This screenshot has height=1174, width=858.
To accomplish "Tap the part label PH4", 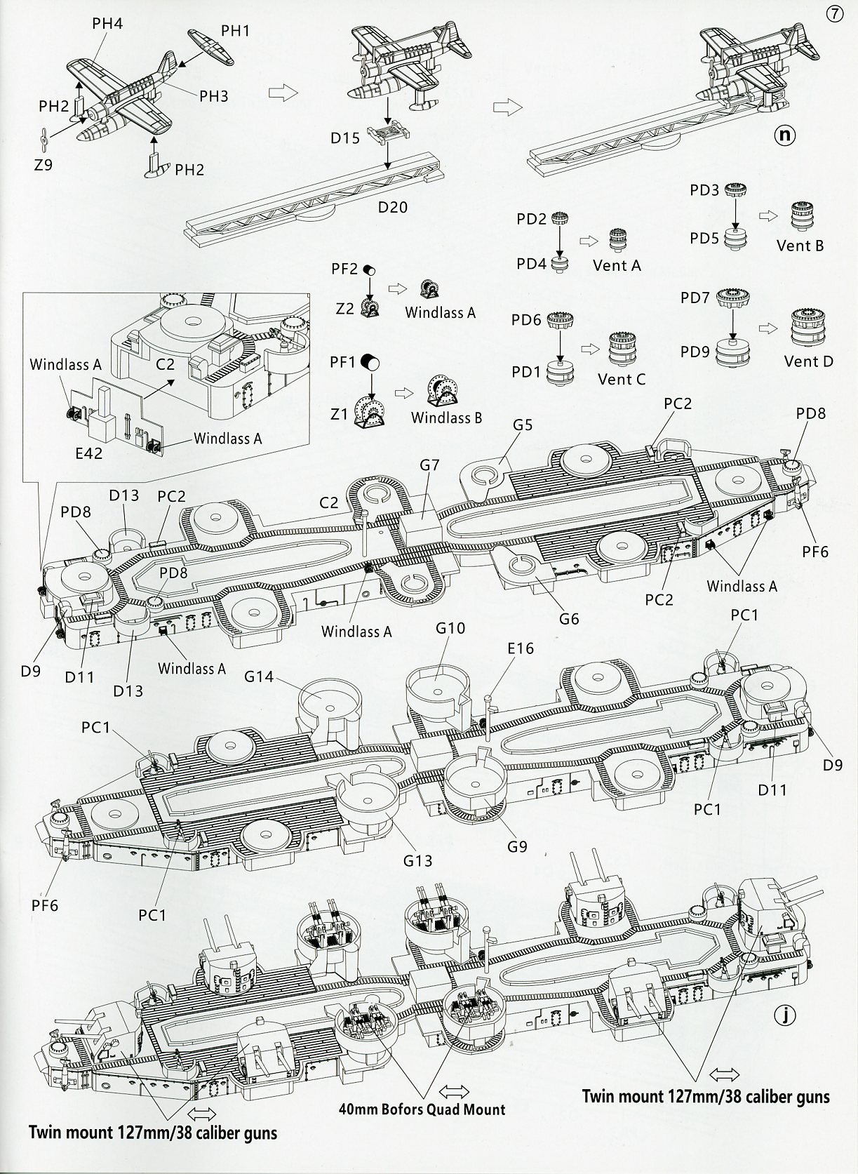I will click(x=107, y=24).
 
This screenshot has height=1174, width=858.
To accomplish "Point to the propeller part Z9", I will click(x=43, y=140).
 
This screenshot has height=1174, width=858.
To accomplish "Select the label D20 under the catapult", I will click(x=393, y=207).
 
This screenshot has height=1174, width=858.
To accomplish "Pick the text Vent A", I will click(x=617, y=265).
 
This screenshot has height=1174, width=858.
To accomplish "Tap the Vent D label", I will click(x=808, y=361).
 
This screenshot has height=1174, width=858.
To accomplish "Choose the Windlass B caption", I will click(x=446, y=418).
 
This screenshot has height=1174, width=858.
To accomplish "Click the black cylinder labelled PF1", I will click(x=370, y=363).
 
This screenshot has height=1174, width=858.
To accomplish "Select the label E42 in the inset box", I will click(x=88, y=453).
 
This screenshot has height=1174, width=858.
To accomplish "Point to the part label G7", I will click(x=429, y=465).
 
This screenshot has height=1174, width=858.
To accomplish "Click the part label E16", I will click(x=520, y=648).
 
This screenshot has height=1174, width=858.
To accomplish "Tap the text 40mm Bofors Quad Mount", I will click(x=421, y=1109).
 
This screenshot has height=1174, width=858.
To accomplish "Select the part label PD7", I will click(x=695, y=298).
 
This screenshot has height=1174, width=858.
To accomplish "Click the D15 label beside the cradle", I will click(x=345, y=138).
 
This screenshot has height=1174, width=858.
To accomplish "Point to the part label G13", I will click(x=417, y=860).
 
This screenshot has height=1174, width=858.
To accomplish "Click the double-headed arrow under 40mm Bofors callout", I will click(x=454, y=1091).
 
